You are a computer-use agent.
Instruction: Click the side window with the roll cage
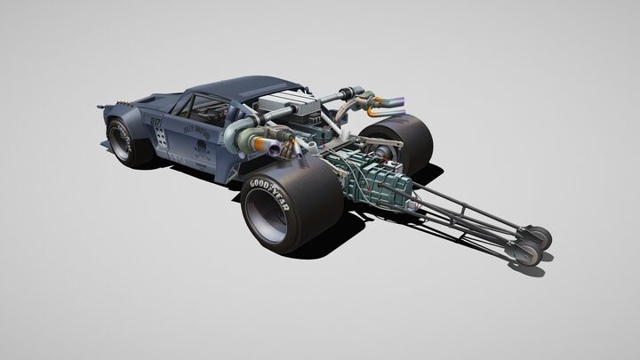pyautogui.click(x=209, y=110)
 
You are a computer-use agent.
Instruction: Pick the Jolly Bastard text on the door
pyautogui.click(x=197, y=128)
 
